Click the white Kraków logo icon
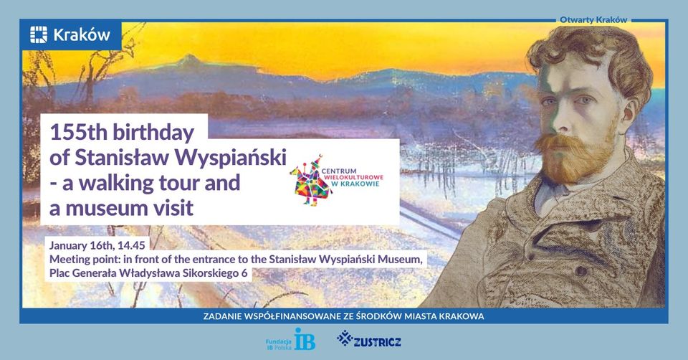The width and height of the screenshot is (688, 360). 39,34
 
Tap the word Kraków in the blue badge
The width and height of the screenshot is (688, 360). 82,34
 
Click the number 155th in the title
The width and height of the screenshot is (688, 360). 77,133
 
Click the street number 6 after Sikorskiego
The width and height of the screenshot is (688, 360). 246,273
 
